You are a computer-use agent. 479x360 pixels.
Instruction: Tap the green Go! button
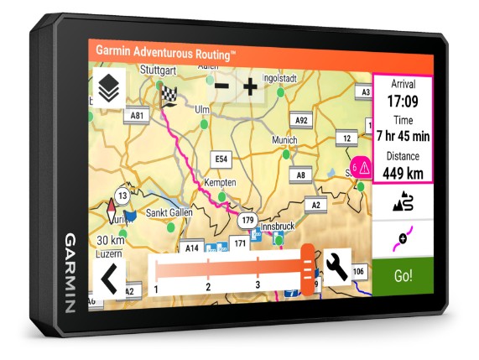point(402,276)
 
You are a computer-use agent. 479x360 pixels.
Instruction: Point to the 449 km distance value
point(403,173)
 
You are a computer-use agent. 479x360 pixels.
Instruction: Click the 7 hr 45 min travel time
point(403,136)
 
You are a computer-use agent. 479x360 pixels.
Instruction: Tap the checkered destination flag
point(169,96)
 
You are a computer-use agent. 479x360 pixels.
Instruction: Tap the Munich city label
point(284,139)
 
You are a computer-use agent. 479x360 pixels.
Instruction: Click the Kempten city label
point(220,182)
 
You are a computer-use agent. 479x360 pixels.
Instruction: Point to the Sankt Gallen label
point(171,212)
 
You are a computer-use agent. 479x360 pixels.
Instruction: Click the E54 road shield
point(221,158)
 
